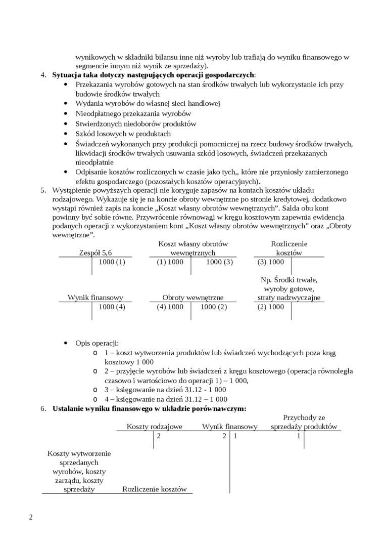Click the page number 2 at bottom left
31,517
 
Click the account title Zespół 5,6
95,253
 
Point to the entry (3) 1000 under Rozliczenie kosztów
271,262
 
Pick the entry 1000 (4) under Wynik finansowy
112,307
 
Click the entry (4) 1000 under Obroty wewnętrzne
170,307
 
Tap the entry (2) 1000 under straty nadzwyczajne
271,307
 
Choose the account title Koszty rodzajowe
154,427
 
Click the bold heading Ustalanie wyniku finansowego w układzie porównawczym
150,408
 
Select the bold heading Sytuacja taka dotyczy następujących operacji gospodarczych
154,75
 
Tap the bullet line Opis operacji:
97,343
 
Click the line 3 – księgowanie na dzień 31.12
165,390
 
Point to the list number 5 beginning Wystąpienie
43,190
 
